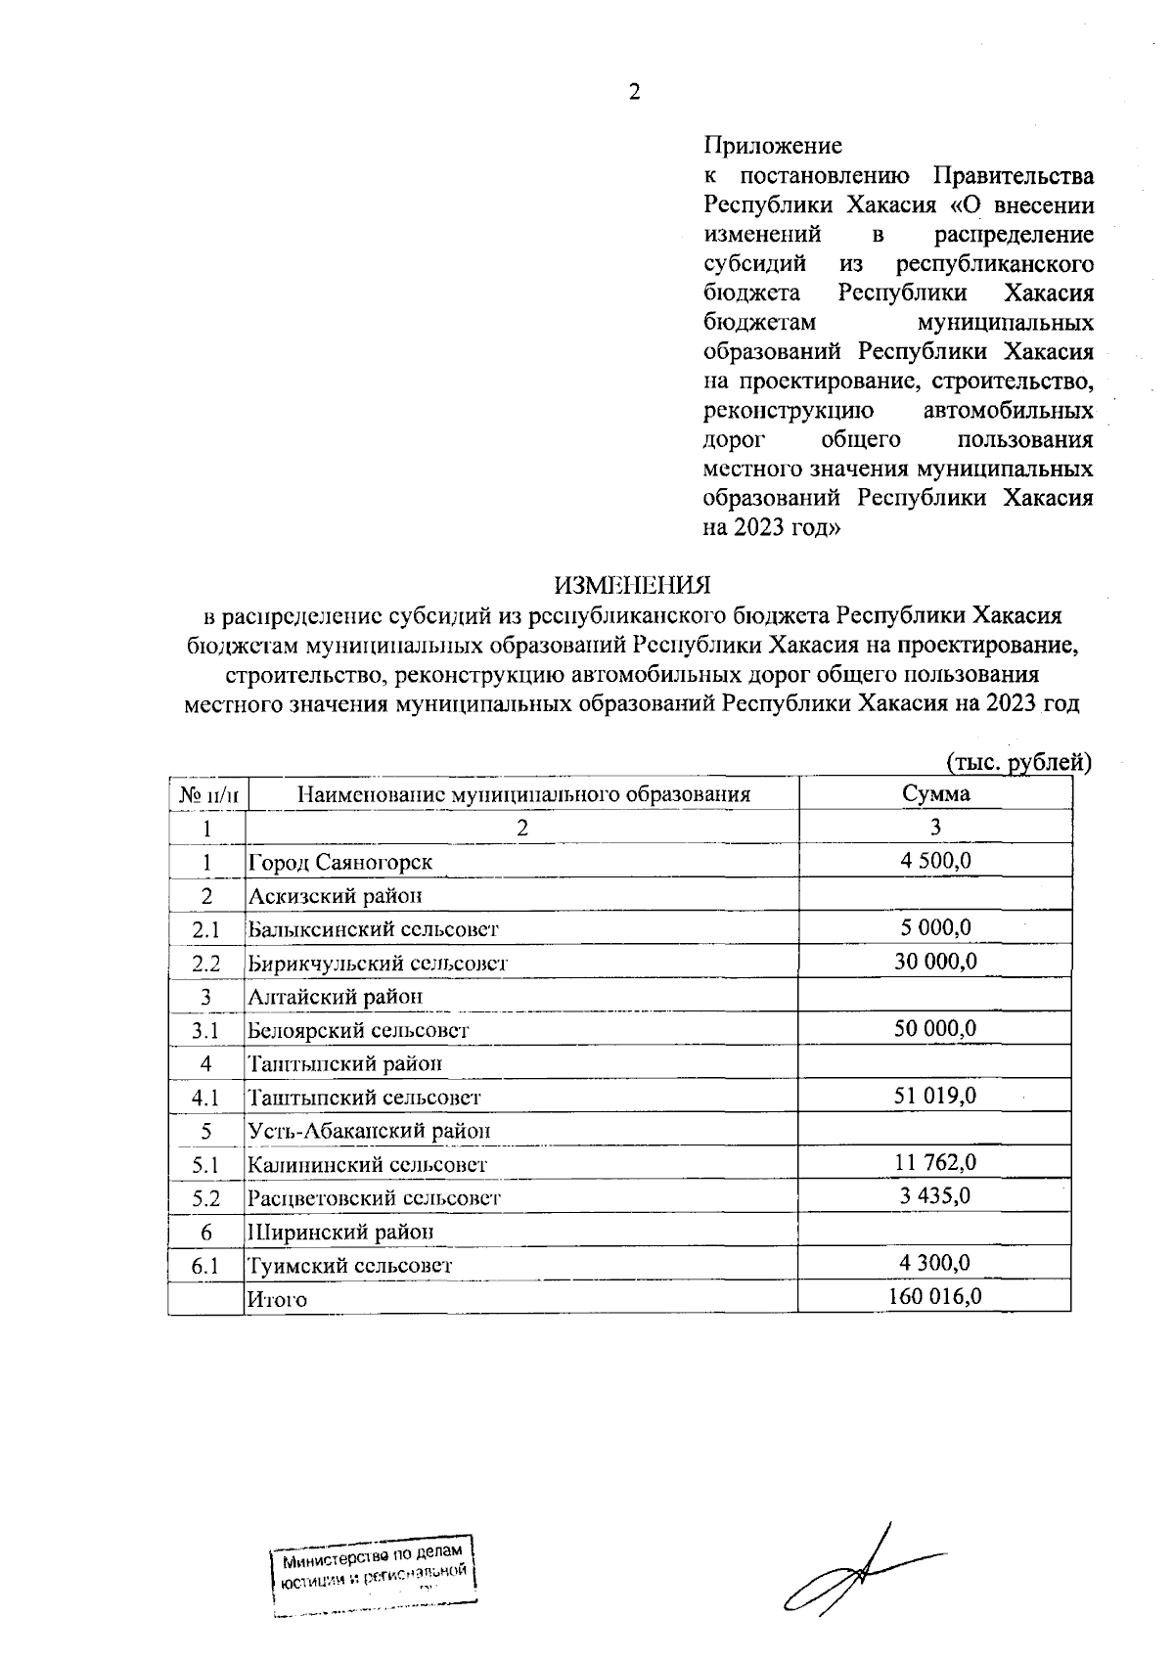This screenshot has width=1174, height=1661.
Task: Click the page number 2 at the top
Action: tap(634, 93)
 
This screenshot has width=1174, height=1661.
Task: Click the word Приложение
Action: tap(773, 147)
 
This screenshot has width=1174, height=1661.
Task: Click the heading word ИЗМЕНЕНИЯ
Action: tap(632, 585)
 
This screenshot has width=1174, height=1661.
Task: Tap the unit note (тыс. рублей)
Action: tap(1017, 762)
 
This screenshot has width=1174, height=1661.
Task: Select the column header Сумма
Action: tap(935, 793)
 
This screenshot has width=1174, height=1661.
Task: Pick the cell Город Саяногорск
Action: tap(339, 862)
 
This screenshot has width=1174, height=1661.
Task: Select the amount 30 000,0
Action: tap(935, 961)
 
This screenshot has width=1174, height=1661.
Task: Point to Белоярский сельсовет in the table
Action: tap(358, 1030)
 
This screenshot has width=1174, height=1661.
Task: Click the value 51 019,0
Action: tap(935, 1096)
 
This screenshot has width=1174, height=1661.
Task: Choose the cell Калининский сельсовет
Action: tap(367, 1165)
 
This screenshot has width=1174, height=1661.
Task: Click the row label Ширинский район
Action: tap(339, 1232)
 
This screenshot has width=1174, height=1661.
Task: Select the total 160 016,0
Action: tap(935, 1296)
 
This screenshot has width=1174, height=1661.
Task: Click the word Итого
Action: tap(277, 1300)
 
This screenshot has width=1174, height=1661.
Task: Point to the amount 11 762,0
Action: tap(935, 1162)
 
